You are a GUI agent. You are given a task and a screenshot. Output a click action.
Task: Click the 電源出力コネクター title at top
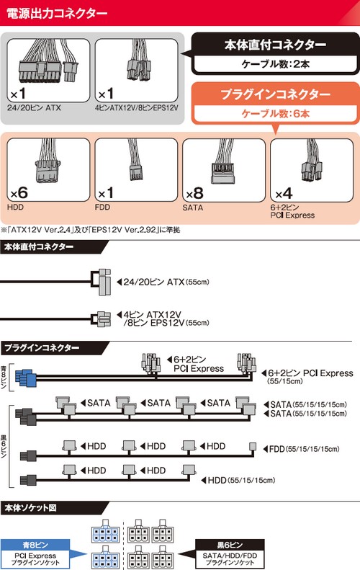click(58, 13)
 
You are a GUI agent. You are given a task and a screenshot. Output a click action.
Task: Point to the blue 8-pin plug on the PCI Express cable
click(27, 377)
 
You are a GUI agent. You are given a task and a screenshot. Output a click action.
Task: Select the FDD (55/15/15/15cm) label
click(303, 448)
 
